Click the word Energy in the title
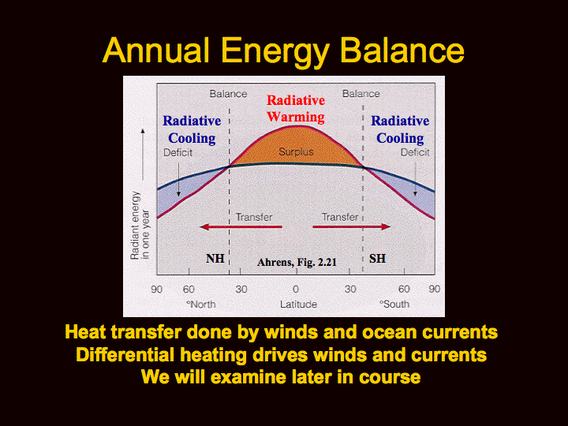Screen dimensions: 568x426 pos(275,51)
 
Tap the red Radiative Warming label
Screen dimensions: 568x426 pos(296,109)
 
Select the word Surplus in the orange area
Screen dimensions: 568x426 pos(296,151)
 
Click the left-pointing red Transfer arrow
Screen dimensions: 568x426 pos(241,227)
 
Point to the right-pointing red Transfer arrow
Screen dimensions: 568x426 pos(352,227)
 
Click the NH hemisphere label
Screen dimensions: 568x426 pos(215,259)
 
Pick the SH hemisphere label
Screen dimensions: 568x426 pos(377,259)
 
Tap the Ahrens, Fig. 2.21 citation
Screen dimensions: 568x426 pos(297,262)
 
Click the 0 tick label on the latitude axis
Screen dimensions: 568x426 pos(296,289)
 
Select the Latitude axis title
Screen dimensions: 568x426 pos(298,305)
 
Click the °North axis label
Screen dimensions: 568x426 pos(200,305)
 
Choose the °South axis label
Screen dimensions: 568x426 pos(394,305)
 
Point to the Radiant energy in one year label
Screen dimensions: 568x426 pos(140,226)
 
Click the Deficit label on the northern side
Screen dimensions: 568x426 pos(177,152)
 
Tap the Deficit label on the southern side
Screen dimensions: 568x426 pos(415,152)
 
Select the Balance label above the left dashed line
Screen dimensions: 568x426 pos(228,94)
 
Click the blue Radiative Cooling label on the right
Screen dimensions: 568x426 pos(400,129)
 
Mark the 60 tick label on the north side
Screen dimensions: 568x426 pos(189,289)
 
